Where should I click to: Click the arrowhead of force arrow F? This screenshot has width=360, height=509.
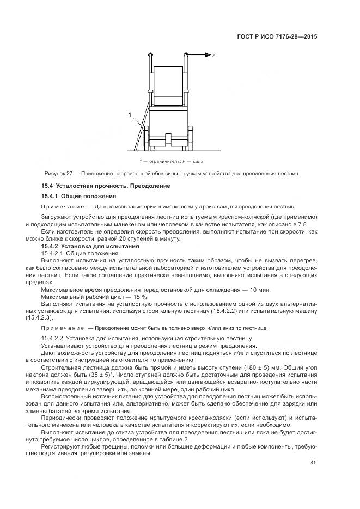click(208, 55)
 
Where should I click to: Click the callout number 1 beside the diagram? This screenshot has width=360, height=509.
click(130, 114)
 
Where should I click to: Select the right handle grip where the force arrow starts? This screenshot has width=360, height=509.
click(187, 54)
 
